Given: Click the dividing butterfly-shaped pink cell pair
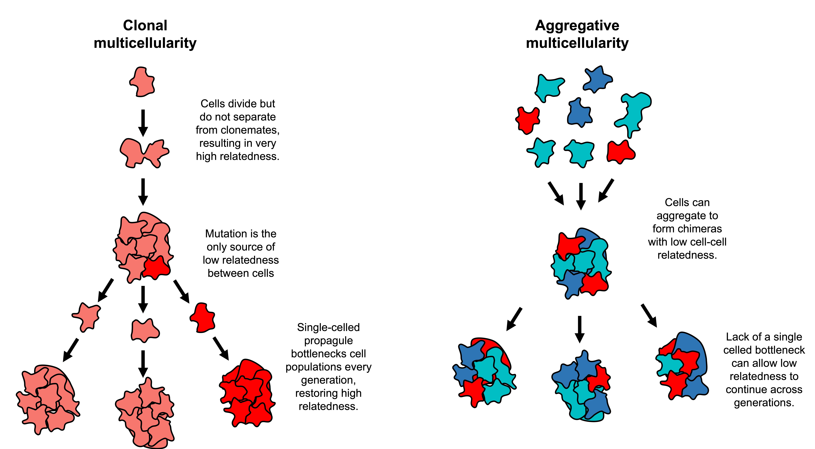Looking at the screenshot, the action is click(x=144, y=153).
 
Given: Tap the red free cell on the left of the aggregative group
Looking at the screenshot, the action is click(x=527, y=120).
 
